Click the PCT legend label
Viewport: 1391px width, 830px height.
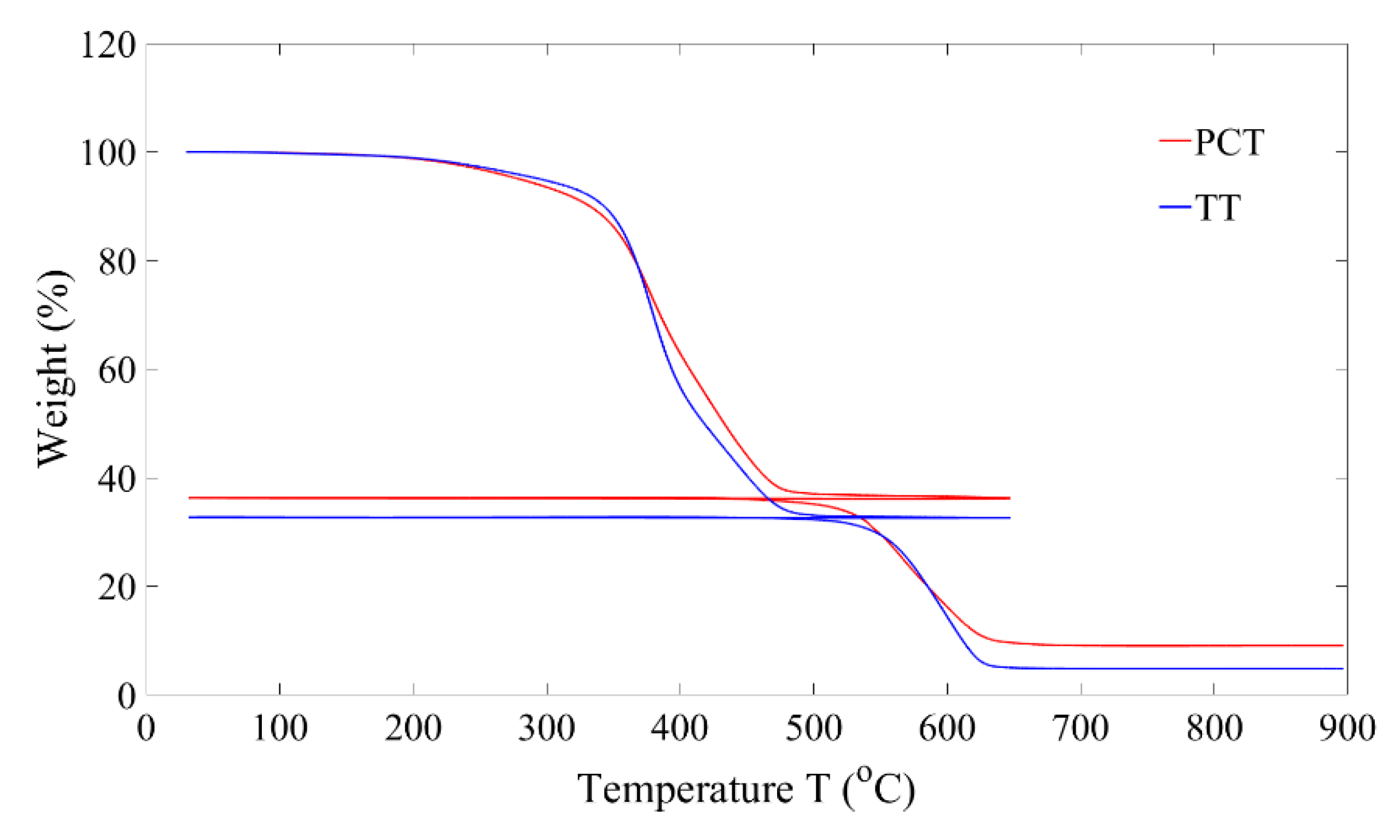1229,142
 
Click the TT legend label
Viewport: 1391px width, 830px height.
1218,207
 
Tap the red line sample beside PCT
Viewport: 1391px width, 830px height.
1174,140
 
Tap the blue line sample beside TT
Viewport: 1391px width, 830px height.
1174,205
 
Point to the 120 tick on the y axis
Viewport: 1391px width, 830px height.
109,45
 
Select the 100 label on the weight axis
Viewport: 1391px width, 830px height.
109,153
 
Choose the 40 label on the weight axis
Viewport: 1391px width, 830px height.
117,478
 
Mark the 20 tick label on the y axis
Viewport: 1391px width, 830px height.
117,587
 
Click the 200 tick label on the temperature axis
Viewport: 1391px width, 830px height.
413,728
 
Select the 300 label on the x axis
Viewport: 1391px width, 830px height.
547,728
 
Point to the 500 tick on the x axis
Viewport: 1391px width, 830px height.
813,728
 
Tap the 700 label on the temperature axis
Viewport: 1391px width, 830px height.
1081,728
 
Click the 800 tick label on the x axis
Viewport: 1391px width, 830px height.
1214,728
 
